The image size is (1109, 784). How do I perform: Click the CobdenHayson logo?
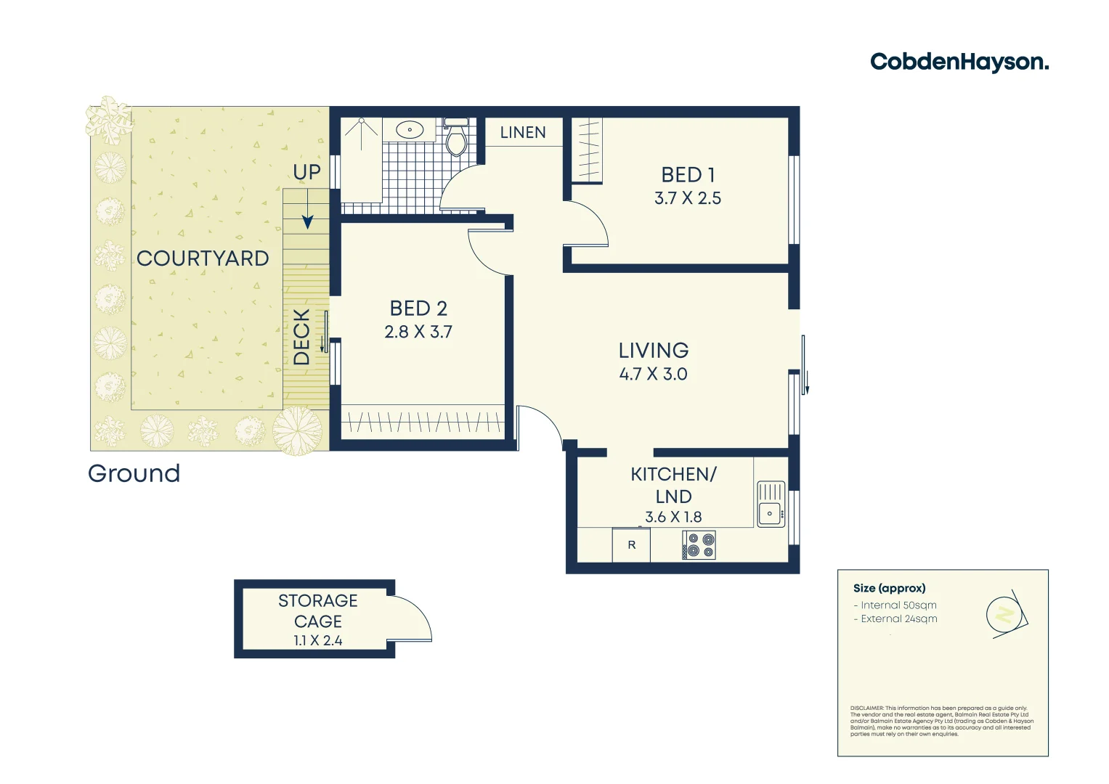[959, 62]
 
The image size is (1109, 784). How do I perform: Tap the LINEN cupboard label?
[523, 132]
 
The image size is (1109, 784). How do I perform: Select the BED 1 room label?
[688, 175]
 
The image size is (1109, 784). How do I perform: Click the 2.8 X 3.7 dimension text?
[418, 332]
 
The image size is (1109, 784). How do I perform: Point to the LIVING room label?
[654, 351]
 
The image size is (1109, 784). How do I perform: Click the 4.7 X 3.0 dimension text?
[654, 375]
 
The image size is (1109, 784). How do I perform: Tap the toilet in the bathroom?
[456, 139]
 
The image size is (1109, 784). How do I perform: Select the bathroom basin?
[410, 131]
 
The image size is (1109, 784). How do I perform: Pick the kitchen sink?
[771, 504]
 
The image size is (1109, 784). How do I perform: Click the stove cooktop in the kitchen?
[699, 545]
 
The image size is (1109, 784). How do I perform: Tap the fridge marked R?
[631, 545]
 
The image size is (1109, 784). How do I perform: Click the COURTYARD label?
[203, 258]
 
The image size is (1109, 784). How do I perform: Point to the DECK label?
[302, 337]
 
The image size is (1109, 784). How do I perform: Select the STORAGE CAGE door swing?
[412, 619]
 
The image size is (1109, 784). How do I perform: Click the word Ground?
[134, 473]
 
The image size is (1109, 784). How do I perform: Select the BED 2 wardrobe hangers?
[422, 422]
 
